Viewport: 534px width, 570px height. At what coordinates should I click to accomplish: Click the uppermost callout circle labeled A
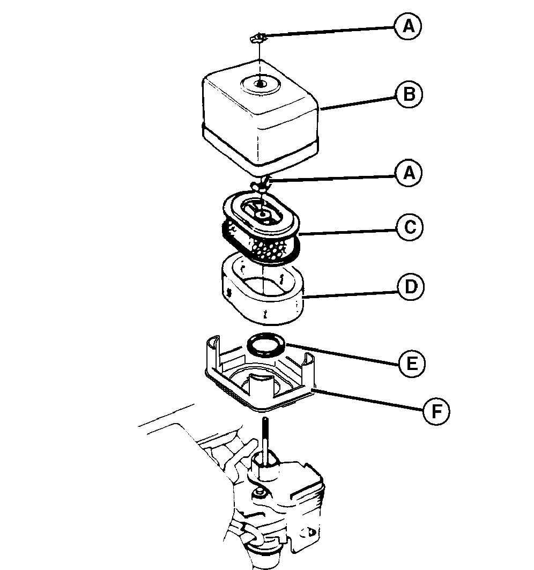[x=408, y=26]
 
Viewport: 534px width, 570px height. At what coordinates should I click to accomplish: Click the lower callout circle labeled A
[x=408, y=173]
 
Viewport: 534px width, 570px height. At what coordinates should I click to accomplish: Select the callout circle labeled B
[x=409, y=95]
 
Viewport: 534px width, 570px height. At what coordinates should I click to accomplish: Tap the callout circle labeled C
[x=409, y=227]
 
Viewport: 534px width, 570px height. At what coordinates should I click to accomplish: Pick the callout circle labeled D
[x=411, y=287]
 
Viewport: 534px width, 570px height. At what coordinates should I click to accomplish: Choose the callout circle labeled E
[x=412, y=364]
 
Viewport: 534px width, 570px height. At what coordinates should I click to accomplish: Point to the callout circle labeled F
[x=436, y=412]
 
